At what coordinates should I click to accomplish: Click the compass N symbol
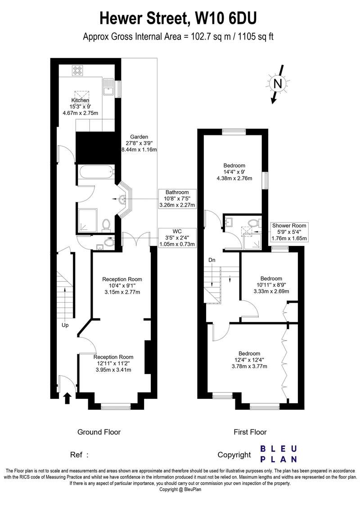coord(278,84)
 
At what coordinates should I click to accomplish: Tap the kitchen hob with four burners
coord(78,71)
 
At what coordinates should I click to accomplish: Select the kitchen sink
coord(108,87)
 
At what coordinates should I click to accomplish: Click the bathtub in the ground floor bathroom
coord(95,172)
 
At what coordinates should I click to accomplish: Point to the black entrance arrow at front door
coord(67,398)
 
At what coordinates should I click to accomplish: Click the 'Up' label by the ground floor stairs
coord(65,325)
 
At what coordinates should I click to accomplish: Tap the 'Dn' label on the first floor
coord(212,260)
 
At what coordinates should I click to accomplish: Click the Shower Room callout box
coord(289,232)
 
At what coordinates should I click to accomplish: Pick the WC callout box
coord(177,237)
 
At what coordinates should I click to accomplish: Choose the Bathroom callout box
coord(177,199)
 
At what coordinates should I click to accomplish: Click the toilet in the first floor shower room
coord(253,223)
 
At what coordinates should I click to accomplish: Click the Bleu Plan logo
coord(279,454)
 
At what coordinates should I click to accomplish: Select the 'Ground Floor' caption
coord(99,432)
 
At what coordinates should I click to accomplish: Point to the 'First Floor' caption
coord(250,432)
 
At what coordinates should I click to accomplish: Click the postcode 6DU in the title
coord(243,18)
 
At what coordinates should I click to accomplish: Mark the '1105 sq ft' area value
coord(256,36)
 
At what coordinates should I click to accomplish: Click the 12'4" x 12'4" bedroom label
coord(250,360)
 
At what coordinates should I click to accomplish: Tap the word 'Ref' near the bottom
coord(76,455)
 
